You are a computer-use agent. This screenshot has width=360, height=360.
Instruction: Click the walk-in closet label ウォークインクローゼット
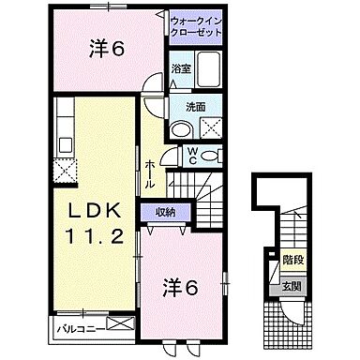click(197, 25)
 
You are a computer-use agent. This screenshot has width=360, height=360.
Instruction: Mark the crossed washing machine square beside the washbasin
click(211, 130)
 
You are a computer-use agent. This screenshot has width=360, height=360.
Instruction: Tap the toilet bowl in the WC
click(214, 155)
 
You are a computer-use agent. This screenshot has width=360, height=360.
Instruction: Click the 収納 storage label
click(165, 212)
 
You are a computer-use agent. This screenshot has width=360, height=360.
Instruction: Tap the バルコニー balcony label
click(78, 328)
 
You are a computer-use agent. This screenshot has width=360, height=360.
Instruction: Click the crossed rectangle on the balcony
click(121, 325)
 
